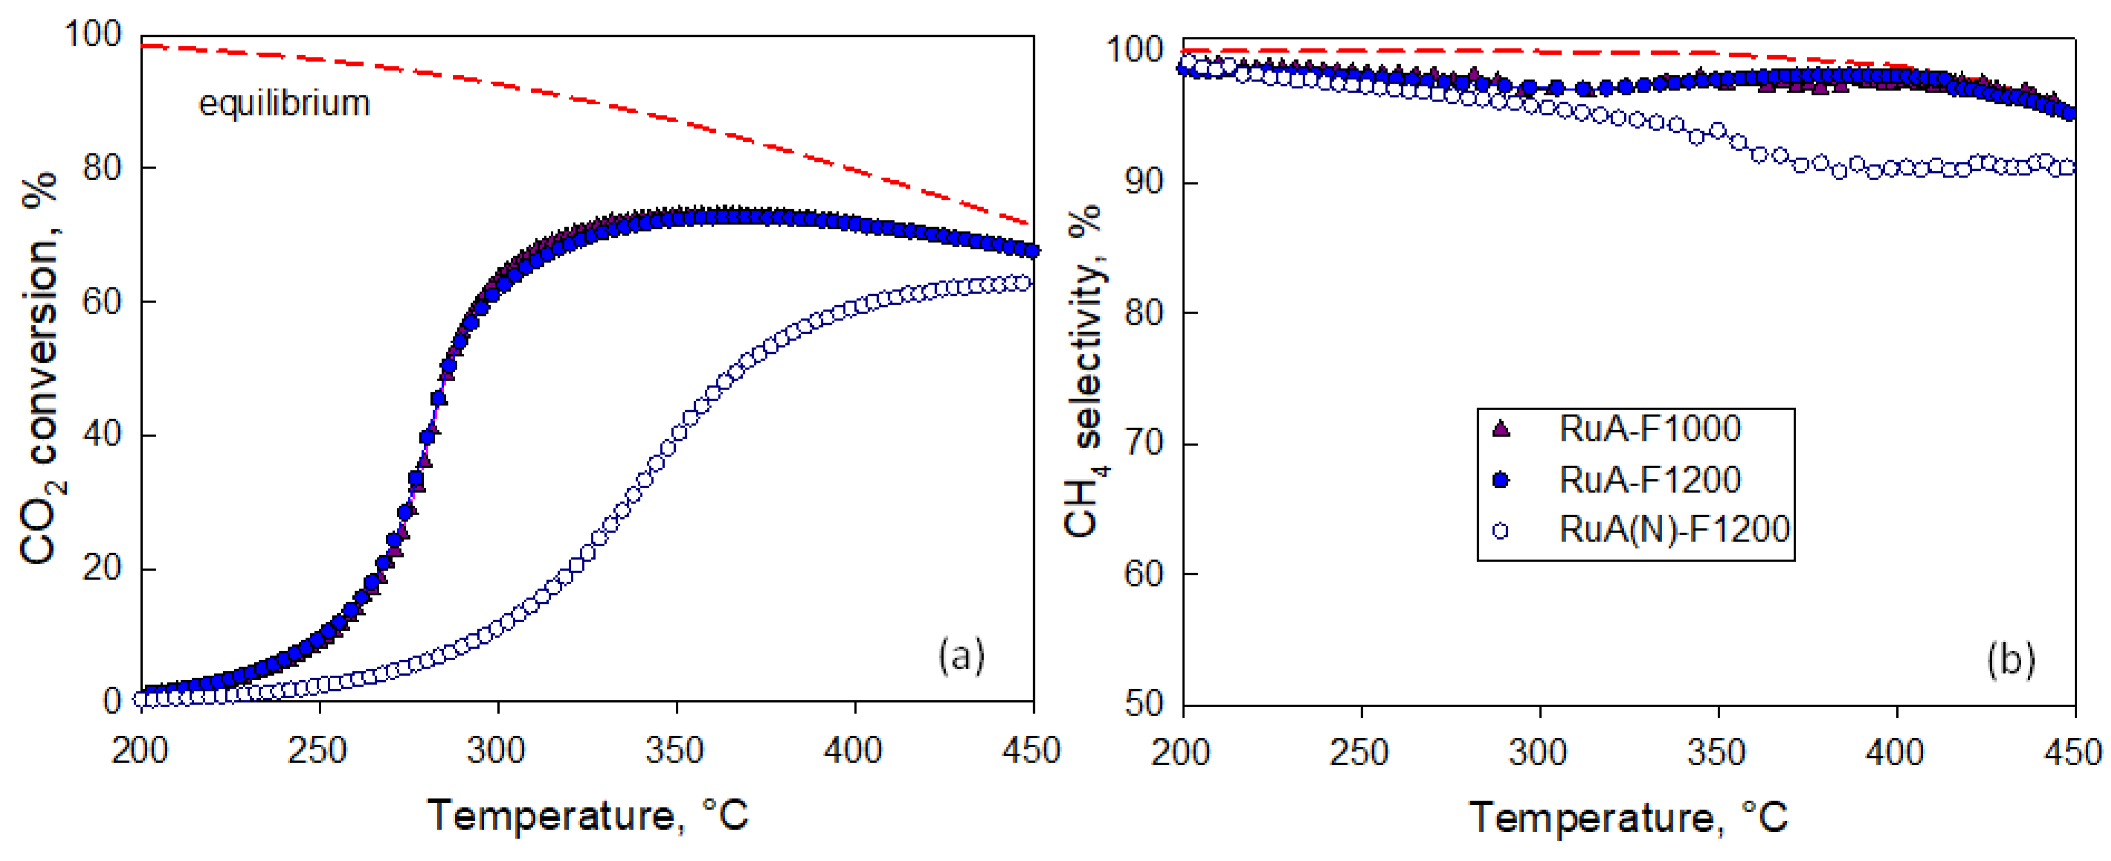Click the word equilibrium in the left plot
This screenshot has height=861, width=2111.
(284, 104)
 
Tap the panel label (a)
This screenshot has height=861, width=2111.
(961, 656)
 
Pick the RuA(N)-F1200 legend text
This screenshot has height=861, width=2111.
(1673, 530)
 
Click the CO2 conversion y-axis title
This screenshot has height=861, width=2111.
(41, 369)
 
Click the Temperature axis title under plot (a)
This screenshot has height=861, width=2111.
(588, 815)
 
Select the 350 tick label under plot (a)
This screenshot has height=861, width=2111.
(675, 751)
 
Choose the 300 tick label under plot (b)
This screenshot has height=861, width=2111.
(1538, 752)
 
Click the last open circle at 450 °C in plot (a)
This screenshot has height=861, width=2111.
(1022, 283)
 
